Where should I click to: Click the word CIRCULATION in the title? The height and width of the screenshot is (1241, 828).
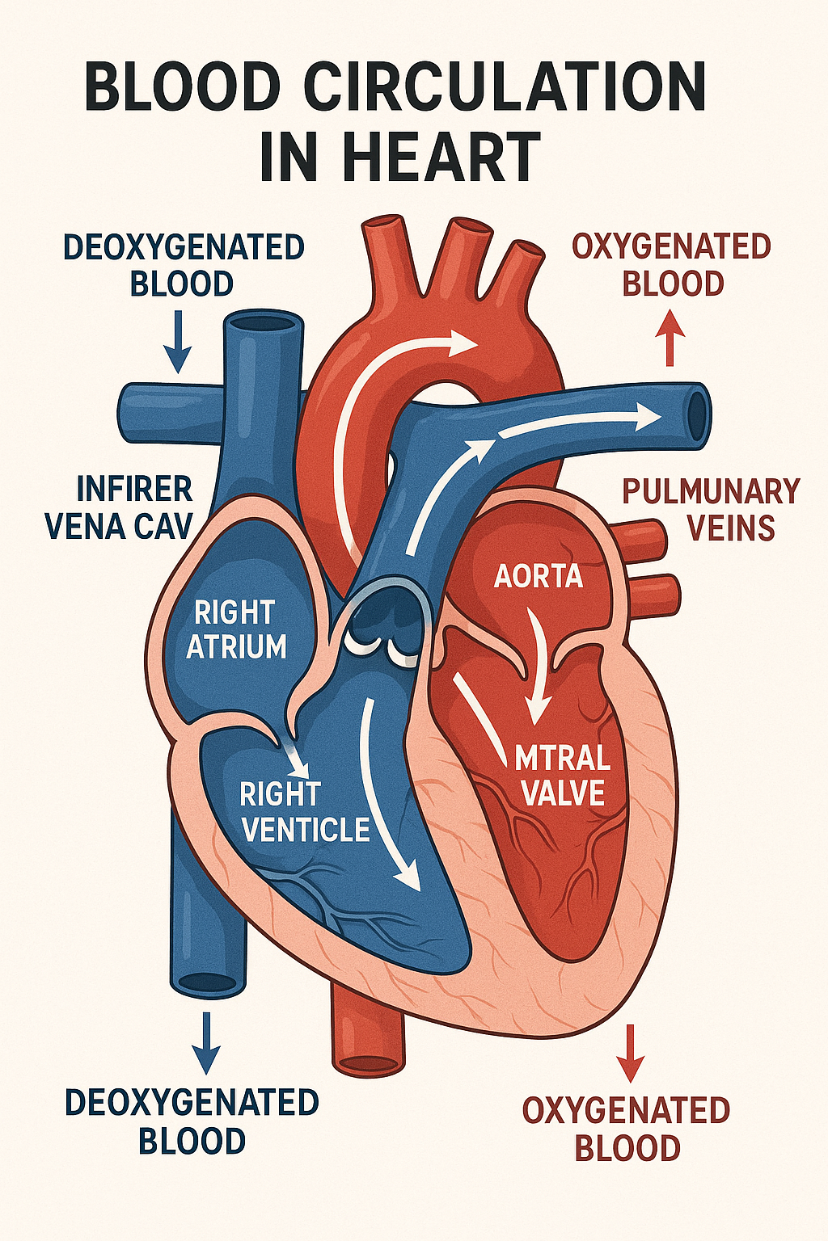(x=505, y=87)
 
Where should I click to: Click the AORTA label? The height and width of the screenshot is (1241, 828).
(x=538, y=576)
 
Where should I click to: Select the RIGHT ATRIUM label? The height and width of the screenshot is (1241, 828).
(x=235, y=629)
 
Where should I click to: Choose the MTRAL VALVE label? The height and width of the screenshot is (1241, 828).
(x=562, y=776)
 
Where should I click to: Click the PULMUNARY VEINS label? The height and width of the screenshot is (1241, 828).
(x=711, y=508)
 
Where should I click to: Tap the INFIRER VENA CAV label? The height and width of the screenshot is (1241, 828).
(x=119, y=507)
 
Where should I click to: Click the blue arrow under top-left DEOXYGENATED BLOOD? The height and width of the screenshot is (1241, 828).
(x=178, y=341)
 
